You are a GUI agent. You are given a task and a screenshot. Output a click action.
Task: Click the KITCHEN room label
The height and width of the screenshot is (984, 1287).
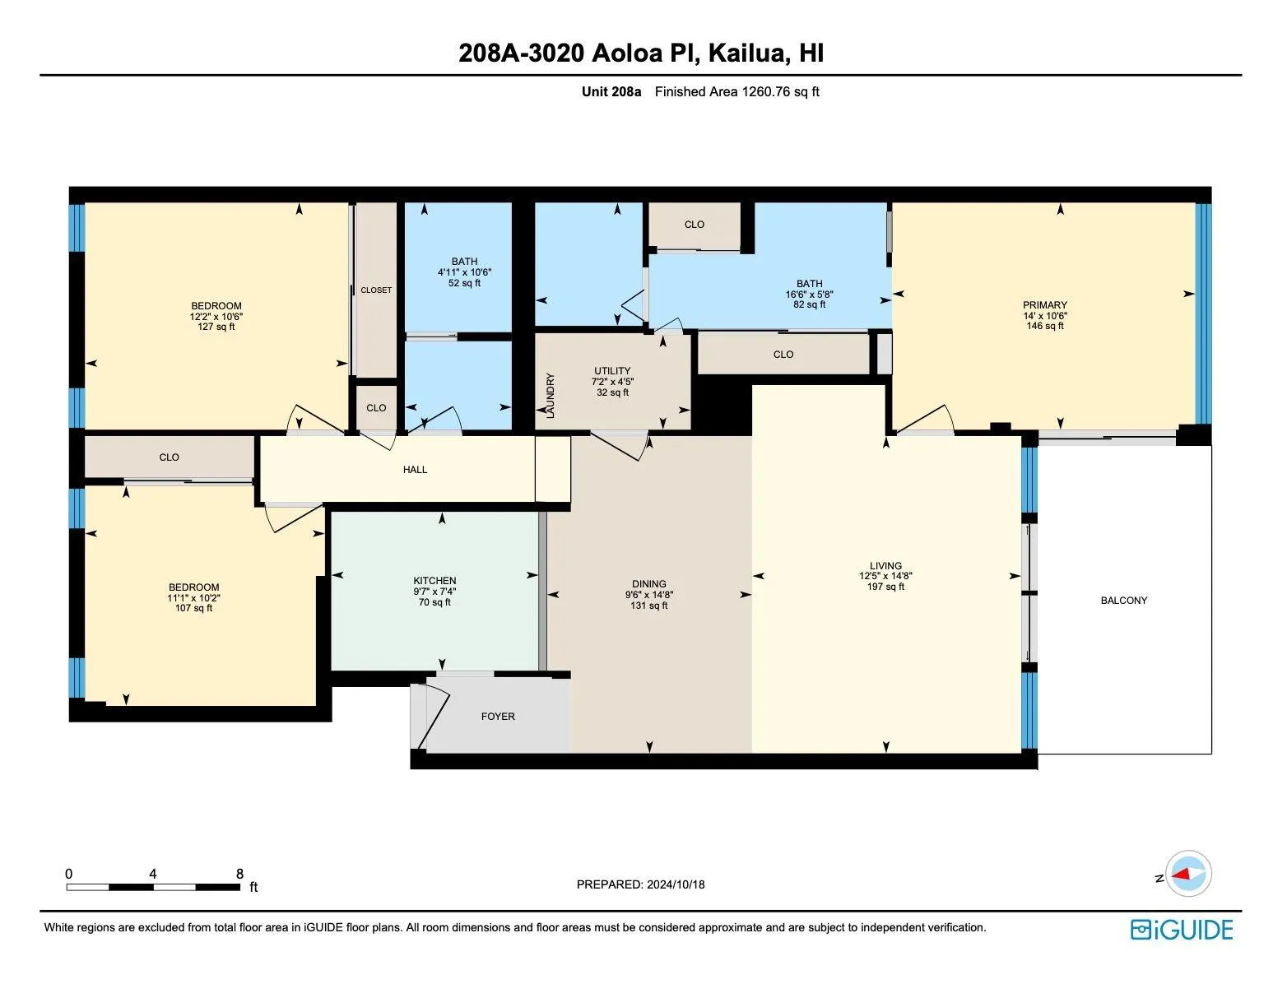point(434,580)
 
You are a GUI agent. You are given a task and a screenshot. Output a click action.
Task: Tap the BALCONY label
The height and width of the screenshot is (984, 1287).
point(1123,601)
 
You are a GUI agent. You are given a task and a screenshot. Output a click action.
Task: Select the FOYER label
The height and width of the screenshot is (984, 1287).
point(498,717)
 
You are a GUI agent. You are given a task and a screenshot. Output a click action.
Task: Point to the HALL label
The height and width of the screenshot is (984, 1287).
point(415,470)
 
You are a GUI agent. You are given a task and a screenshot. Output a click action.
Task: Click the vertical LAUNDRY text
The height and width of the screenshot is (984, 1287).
point(551,396)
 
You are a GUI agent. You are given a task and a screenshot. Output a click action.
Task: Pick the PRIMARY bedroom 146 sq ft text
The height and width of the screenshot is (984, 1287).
point(1044,326)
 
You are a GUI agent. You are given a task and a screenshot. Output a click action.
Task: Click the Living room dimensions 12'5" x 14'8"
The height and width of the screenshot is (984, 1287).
point(885,577)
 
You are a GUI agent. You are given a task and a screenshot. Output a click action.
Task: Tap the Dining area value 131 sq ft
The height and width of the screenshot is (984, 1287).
point(648,606)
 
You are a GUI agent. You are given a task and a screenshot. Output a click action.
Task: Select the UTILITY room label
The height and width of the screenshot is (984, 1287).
point(612,371)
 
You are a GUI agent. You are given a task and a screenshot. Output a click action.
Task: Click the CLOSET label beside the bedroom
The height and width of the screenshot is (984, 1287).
point(376,290)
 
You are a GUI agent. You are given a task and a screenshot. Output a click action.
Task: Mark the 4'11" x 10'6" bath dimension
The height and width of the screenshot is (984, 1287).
point(464,272)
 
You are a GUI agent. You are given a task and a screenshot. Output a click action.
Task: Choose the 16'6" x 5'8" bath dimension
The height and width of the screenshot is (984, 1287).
point(809,294)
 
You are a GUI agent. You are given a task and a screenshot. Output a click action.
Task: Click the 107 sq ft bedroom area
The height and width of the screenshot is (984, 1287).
point(193,609)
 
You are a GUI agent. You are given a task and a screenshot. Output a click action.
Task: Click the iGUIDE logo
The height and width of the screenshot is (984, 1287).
point(1182,930)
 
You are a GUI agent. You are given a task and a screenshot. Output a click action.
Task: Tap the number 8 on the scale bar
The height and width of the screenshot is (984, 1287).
point(239,874)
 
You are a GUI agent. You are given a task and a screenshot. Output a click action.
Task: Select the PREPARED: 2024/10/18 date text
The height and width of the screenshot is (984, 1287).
point(640,884)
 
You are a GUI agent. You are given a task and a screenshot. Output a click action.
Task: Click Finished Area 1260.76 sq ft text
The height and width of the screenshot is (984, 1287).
point(736,92)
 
